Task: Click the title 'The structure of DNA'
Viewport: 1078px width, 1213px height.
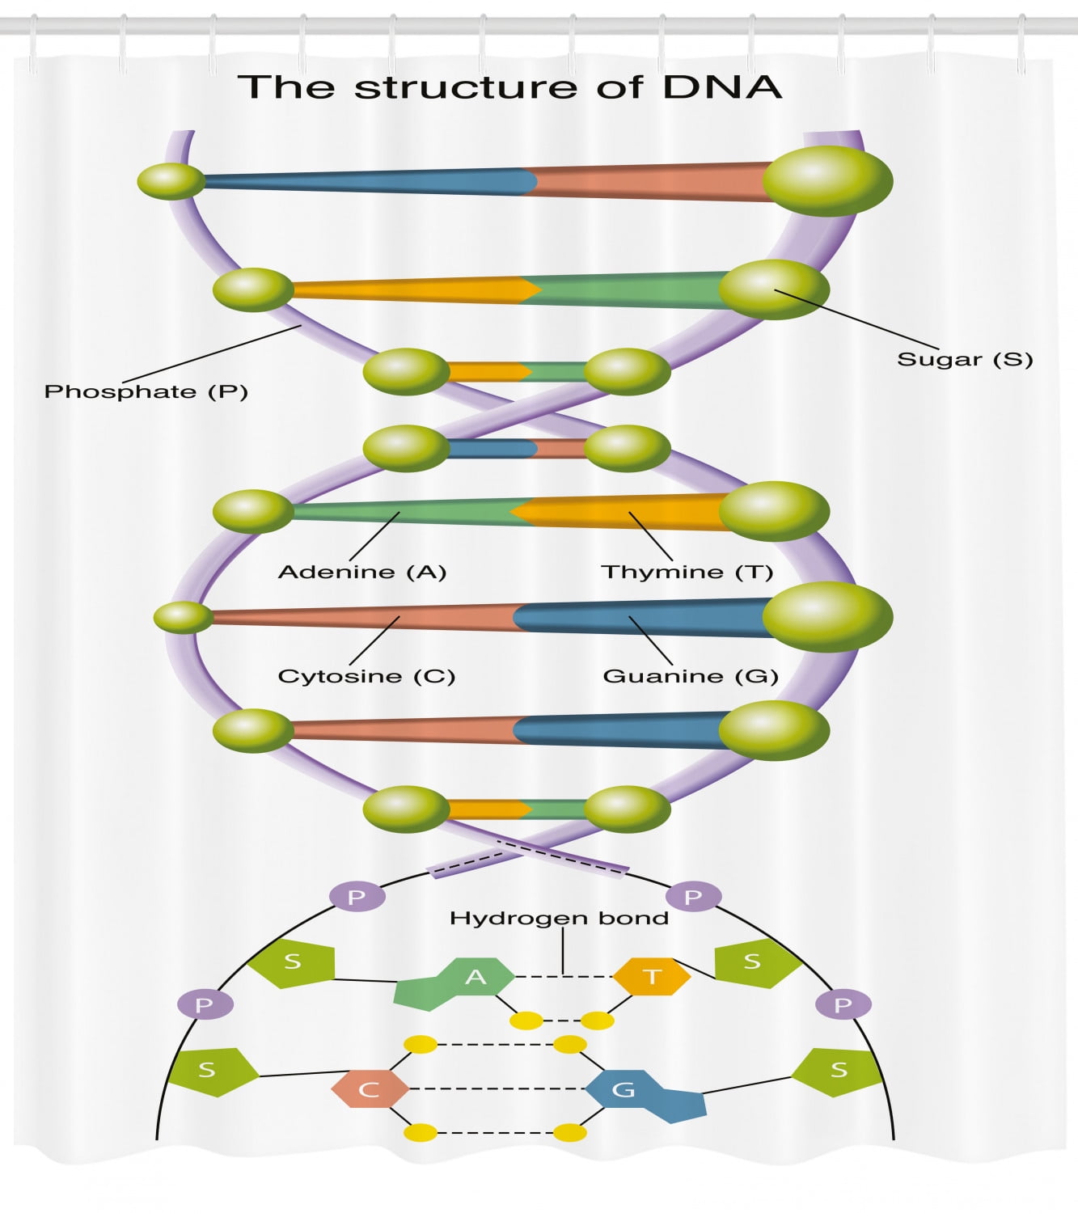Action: tap(509, 87)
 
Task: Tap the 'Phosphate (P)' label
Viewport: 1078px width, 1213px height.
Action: tap(146, 392)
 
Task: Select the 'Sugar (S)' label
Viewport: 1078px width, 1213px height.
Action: tap(965, 360)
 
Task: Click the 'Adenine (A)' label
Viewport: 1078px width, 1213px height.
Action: tap(361, 573)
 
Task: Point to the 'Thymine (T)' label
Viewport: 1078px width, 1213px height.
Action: tap(687, 573)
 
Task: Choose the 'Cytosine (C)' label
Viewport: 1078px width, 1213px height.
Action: tap(366, 676)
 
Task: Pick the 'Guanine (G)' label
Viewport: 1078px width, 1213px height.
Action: tap(691, 676)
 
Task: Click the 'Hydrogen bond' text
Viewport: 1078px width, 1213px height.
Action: tap(559, 919)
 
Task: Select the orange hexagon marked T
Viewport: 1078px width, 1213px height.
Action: tap(652, 977)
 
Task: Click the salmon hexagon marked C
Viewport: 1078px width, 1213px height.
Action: tap(369, 1089)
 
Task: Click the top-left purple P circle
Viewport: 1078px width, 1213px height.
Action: tap(357, 897)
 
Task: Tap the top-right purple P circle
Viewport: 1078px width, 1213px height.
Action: tap(693, 897)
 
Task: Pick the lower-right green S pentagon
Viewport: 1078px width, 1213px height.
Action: tap(837, 1071)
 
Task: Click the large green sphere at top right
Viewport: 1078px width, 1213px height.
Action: tap(826, 180)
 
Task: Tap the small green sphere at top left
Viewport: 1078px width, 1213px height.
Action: tap(171, 180)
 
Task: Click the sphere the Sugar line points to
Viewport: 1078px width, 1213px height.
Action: tap(773, 290)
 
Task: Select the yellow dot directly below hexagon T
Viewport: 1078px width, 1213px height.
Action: tap(598, 1021)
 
